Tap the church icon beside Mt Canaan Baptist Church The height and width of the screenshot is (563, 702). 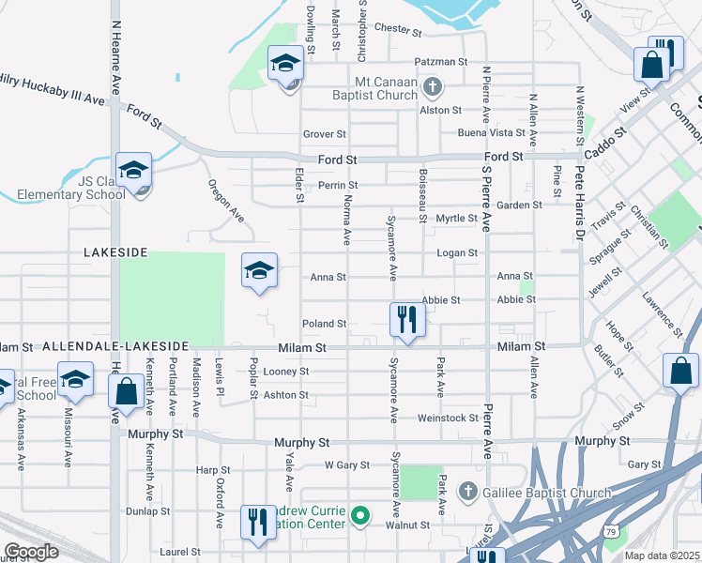[x=432, y=89]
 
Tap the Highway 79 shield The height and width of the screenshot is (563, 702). [x=611, y=532]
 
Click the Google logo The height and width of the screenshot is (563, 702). [x=31, y=552]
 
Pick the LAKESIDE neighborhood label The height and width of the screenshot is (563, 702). [x=115, y=252]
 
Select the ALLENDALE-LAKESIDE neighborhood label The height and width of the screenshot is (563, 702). [x=115, y=346]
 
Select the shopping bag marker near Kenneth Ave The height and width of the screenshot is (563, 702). [x=126, y=392]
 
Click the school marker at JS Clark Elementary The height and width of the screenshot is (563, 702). [x=133, y=171]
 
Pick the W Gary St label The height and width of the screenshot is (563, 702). [x=346, y=465]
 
